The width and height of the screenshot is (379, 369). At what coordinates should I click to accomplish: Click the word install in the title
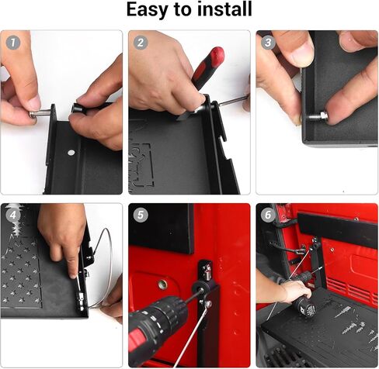(224, 9)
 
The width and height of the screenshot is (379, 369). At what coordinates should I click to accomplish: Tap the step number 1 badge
(13, 43)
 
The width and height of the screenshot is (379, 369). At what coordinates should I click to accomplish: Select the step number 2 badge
(141, 43)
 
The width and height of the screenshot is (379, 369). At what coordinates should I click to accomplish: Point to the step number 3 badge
(268, 43)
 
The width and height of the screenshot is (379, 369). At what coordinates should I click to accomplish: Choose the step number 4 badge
(13, 215)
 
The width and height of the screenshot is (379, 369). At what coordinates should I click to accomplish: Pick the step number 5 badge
(141, 215)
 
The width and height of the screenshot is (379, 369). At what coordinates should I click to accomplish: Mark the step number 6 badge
(268, 215)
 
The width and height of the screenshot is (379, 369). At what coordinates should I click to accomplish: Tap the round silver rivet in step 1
(71, 153)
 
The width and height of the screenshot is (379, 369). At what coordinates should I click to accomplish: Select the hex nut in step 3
(323, 116)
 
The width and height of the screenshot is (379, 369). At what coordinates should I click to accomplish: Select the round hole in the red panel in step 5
(163, 285)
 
